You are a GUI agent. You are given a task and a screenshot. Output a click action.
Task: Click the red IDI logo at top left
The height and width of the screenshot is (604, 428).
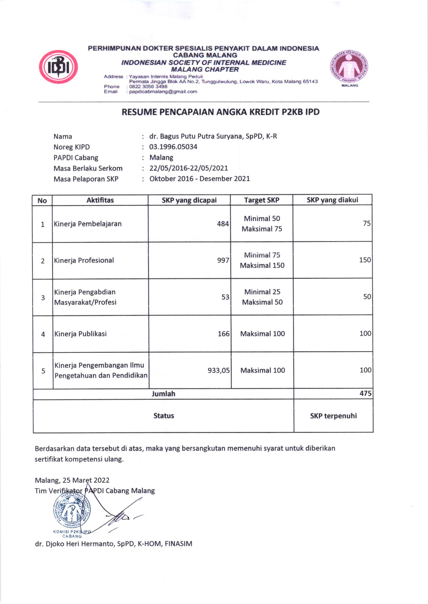[x=58, y=67]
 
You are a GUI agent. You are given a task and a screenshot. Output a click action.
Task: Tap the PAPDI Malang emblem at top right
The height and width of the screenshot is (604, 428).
[x=349, y=67]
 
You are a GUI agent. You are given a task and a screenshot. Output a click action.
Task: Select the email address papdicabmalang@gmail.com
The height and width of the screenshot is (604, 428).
[x=163, y=92]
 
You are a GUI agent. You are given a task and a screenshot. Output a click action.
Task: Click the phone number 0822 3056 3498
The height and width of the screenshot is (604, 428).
[x=148, y=86]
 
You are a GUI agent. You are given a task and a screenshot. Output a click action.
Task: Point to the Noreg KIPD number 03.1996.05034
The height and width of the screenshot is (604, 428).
[x=173, y=147]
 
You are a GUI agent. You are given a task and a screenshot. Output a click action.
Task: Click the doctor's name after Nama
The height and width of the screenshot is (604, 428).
[x=213, y=136]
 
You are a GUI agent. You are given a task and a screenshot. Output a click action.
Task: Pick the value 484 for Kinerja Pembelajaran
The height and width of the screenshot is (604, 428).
[x=223, y=224]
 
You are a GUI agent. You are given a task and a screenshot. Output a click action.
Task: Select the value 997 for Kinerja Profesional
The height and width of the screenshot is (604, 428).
[x=223, y=260]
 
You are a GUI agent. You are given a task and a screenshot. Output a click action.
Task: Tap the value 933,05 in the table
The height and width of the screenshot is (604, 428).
[x=218, y=370]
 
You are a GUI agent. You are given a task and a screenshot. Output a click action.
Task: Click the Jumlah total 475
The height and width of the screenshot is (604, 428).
[x=366, y=393]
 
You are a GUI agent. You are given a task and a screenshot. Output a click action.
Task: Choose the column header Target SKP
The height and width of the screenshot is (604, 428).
[x=261, y=200]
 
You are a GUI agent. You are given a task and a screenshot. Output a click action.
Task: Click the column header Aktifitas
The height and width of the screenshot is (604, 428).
[x=100, y=200]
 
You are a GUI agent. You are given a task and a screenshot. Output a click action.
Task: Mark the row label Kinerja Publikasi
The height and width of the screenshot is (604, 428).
[x=80, y=334]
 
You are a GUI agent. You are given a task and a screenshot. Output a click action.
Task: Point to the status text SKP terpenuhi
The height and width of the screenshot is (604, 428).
[x=333, y=416]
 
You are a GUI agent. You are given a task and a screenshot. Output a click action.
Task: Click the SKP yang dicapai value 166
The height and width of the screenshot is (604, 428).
[x=224, y=334]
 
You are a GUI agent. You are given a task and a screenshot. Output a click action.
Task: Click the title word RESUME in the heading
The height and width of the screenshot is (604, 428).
[x=139, y=112]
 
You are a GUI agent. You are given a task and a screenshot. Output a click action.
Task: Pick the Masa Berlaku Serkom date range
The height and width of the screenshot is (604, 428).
[x=188, y=168]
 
